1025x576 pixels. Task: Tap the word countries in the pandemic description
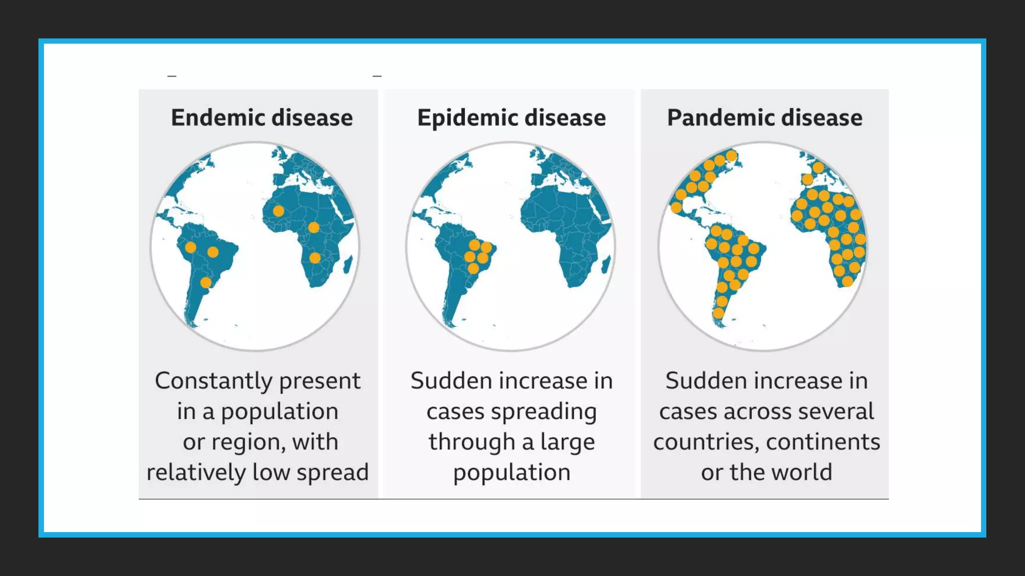[x=706, y=442]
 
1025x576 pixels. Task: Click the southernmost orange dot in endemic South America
[x=206, y=283]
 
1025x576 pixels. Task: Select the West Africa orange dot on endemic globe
[x=279, y=211]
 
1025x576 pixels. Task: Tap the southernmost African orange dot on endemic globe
[x=315, y=258]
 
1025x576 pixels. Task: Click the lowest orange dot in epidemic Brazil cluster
[x=473, y=269]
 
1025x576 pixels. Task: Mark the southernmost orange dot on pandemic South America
[x=718, y=313]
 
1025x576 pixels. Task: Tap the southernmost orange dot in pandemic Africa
[x=847, y=281]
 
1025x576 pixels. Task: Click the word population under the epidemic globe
[x=511, y=472]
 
